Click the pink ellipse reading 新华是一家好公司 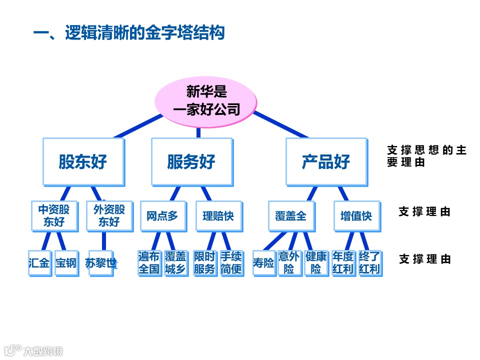tap(206, 100)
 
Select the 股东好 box tap(83, 161)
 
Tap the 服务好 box tap(191, 161)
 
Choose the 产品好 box tap(326, 161)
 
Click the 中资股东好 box tap(54, 215)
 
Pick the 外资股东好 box tap(109, 215)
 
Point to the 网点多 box tap(162, 216)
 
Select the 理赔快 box tap(218, 216)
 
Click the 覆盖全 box tap(290, 216)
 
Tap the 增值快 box tap(356, 216)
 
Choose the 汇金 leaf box tap(39, 262)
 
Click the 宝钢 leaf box tap(66, 262)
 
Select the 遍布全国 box tap(149, 262)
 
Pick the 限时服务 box tap(204, 262)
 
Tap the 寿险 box tap(263, 262)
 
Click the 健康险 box tap(316, 262)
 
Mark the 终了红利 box tap(369, 262)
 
